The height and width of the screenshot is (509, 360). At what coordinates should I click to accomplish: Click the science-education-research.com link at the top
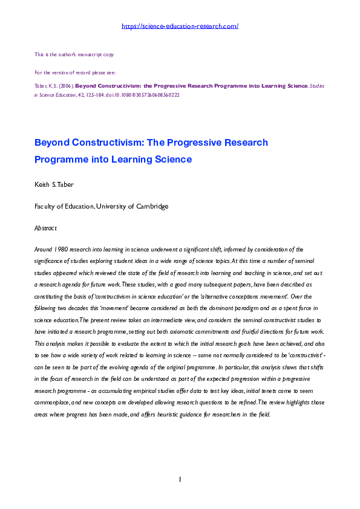click(180, 26)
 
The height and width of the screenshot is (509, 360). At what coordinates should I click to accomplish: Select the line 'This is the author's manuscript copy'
click(74, 54)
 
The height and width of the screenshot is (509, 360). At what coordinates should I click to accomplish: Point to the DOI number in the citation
click(148, 95)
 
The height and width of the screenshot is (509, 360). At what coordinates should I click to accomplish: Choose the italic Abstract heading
click(45, 228)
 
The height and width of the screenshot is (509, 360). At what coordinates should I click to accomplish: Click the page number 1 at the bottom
click(180, 479)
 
